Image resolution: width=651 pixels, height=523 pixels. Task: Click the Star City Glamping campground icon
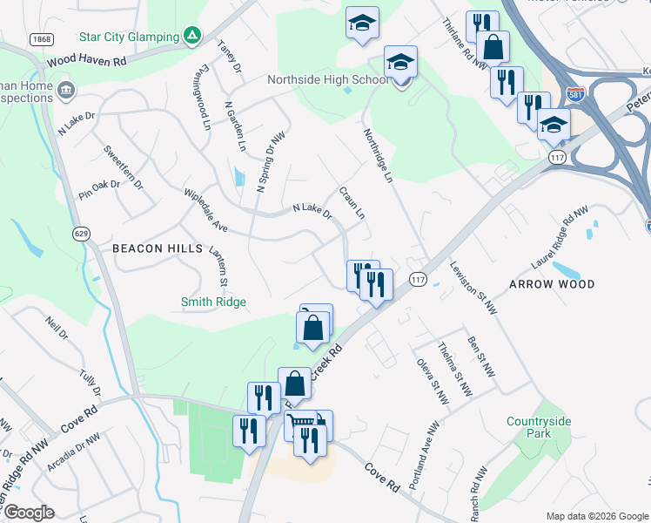point(192,37)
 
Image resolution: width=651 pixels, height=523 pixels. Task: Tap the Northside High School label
point(327,80)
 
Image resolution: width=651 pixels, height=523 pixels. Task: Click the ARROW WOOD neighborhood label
point(552,284)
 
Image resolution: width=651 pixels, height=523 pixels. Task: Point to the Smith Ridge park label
point(213,302)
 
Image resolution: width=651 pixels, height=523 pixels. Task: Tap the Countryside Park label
point(540,427)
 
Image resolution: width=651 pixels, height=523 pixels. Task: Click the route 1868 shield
point(39,39)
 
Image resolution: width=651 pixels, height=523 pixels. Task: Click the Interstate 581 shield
point(574,92)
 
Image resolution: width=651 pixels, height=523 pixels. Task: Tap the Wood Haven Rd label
point(87,61)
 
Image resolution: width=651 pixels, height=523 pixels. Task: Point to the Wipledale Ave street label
point(205,210)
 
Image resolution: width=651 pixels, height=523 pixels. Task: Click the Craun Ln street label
point(352,202)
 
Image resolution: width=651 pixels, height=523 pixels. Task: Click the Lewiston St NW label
point(473,287)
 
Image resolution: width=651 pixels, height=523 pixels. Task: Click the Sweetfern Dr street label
point(123,162)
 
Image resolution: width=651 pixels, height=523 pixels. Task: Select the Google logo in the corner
point(29,513)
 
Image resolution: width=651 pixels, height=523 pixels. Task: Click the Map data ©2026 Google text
point(596,516)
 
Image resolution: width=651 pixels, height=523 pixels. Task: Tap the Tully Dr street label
point(90,382)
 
